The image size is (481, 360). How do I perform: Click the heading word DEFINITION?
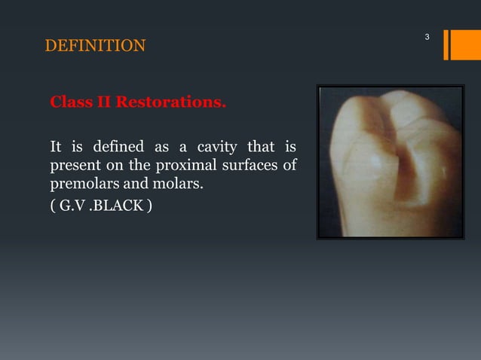tap(96, 47)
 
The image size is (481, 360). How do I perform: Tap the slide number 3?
tap(427, 37)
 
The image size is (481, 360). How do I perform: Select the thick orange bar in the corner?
tap(459, 44)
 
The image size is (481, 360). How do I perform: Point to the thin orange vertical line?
tap(445, 44)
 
